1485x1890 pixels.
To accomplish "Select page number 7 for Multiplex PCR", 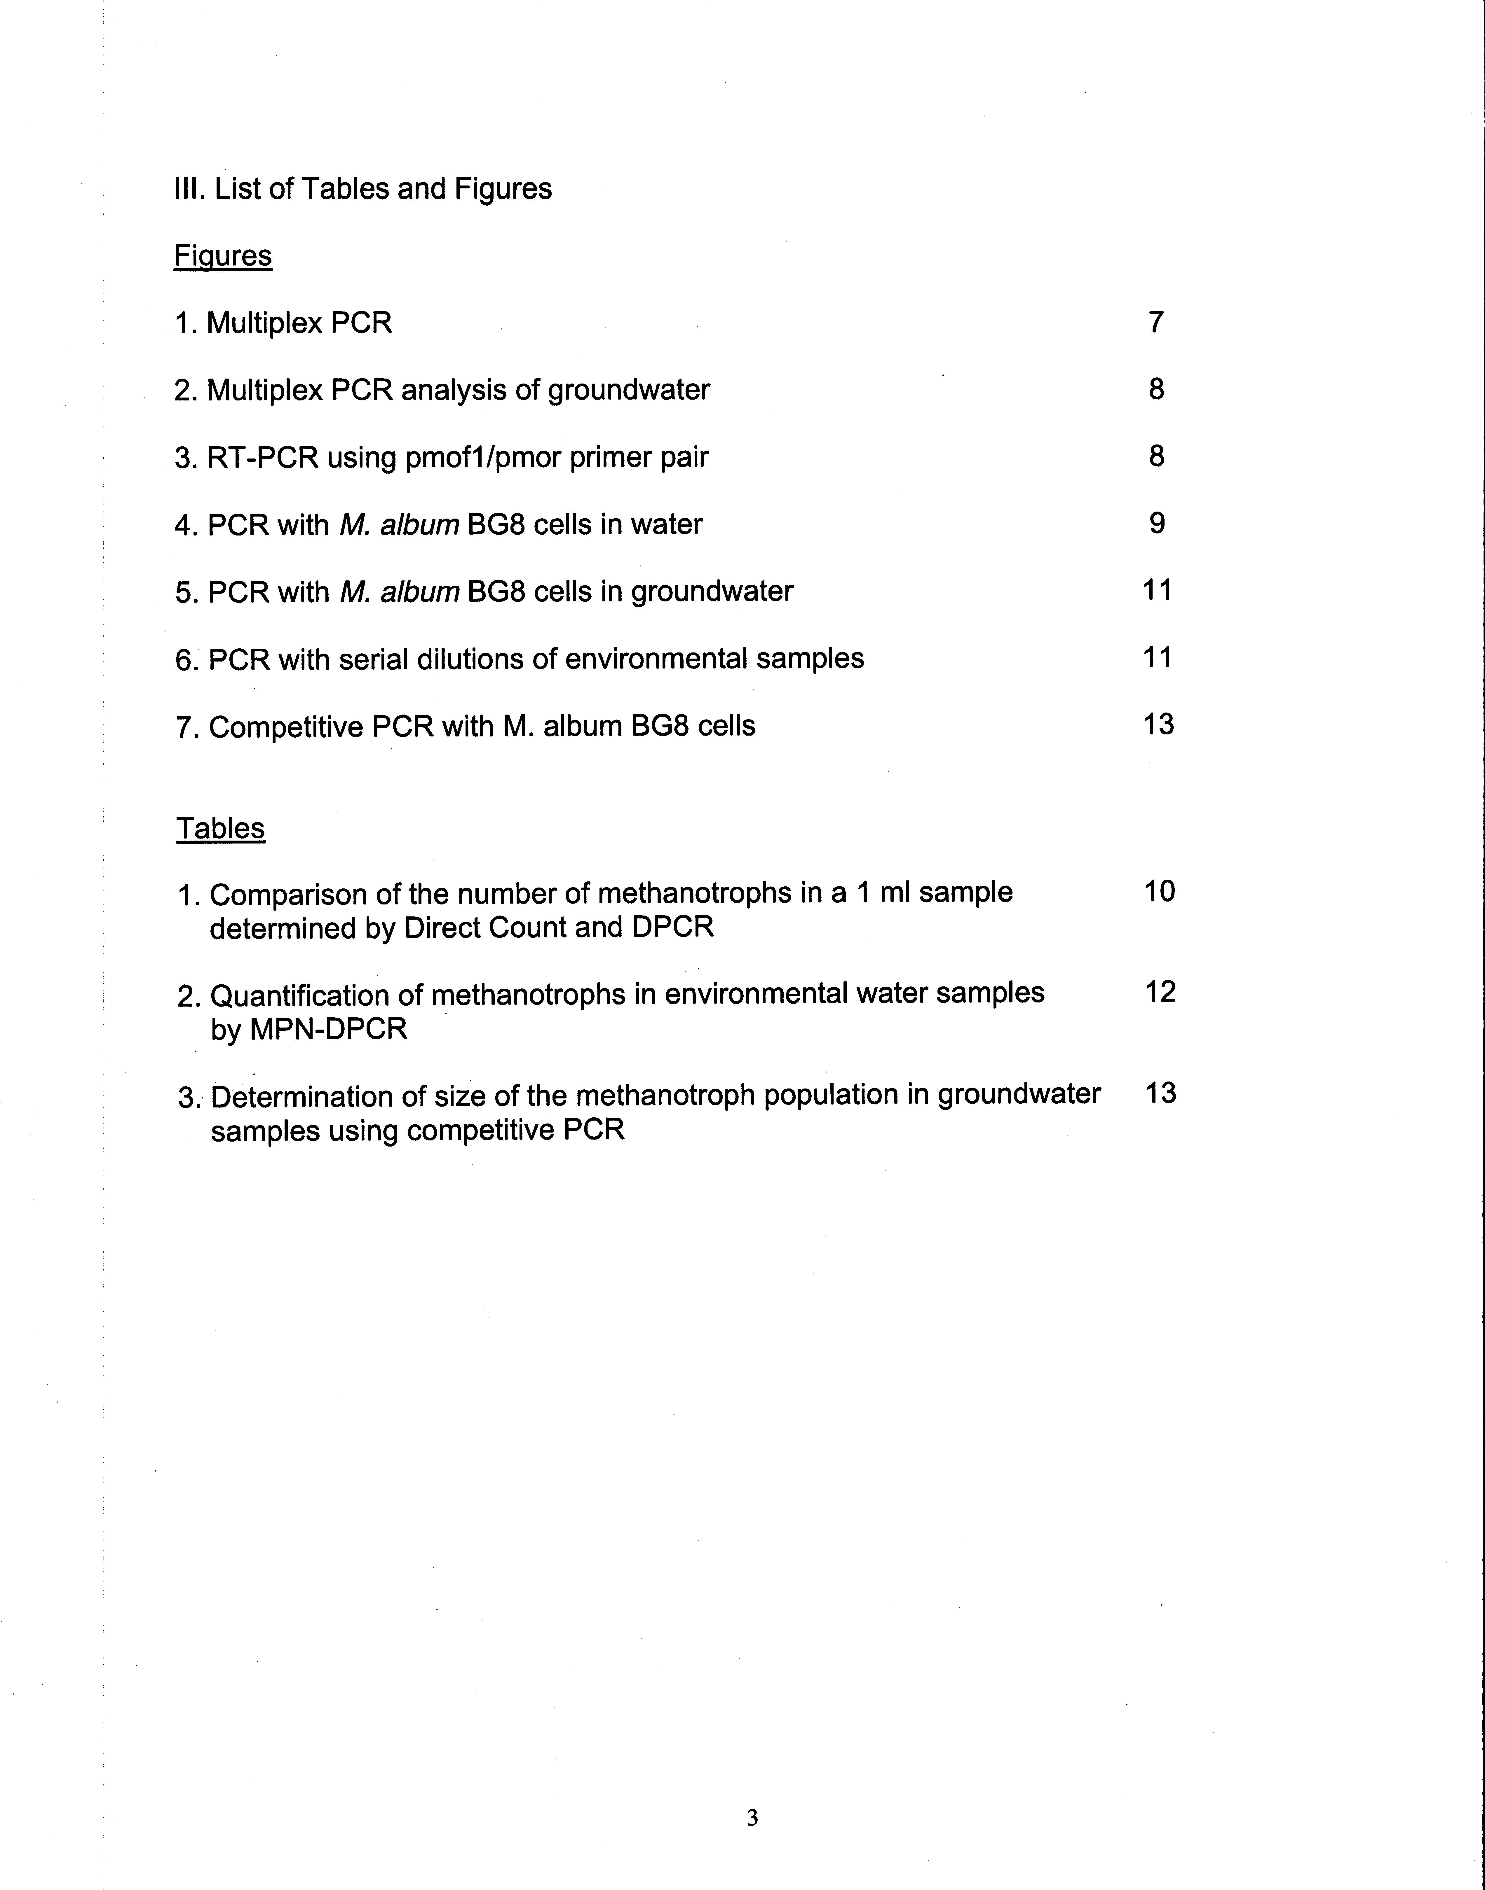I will [1155, 322].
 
